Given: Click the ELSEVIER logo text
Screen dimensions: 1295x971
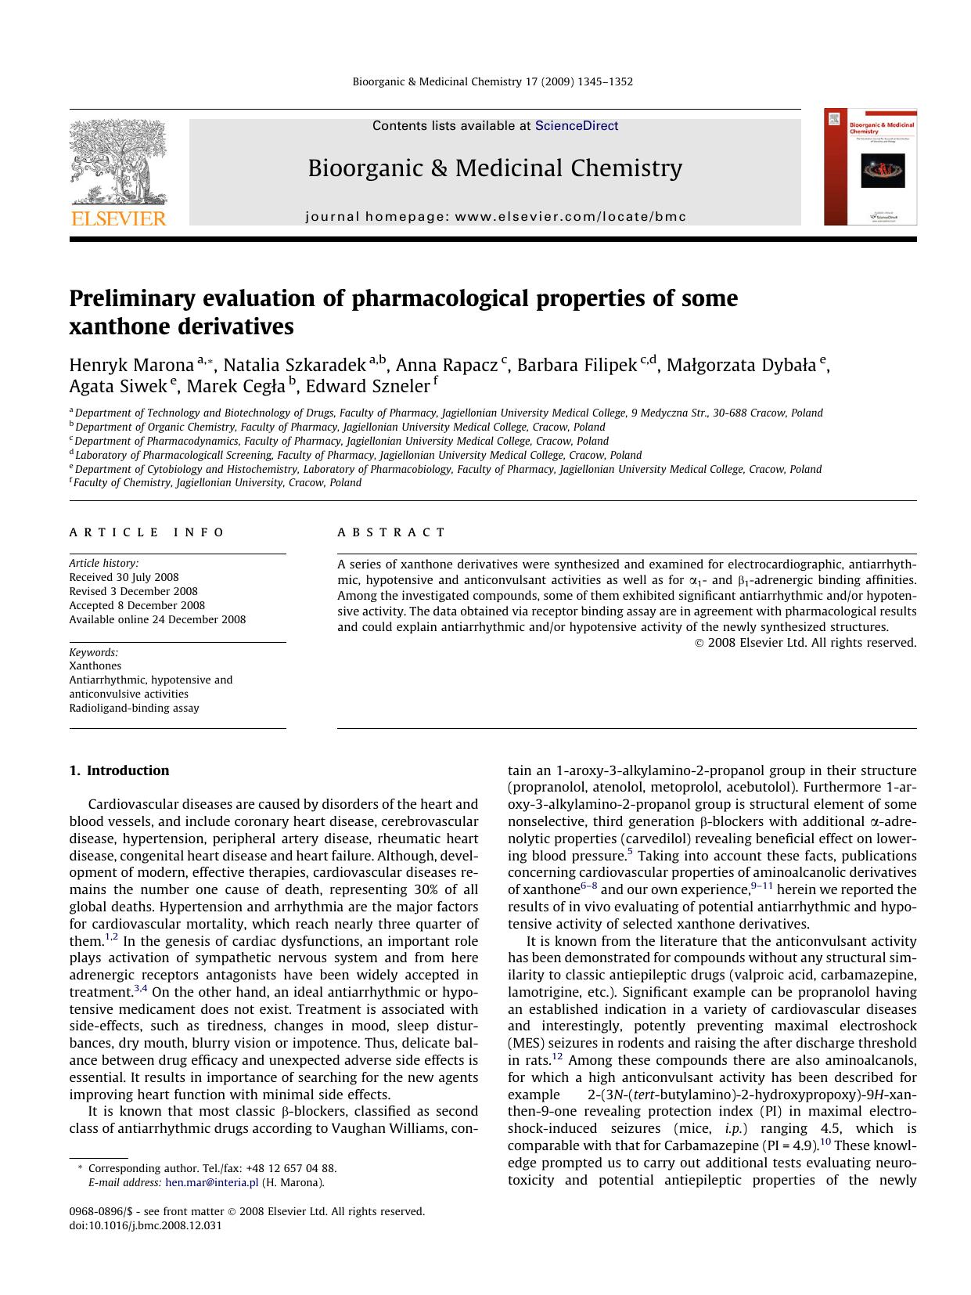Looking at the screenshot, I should (119, 218).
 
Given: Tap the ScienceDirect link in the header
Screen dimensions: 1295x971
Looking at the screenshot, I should (577, 126).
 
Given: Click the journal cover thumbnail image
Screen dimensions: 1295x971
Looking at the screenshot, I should (870, 167).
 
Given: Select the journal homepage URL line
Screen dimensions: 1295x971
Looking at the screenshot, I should (495, 217).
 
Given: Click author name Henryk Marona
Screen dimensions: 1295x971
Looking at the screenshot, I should (131, 366).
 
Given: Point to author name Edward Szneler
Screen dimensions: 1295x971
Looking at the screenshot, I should (367, 387).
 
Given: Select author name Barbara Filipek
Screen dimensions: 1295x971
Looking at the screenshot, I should (577, 366).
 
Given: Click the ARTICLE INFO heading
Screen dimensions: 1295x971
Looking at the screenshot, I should (146, 532).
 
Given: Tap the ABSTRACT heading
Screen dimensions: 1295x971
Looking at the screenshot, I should (391, 532).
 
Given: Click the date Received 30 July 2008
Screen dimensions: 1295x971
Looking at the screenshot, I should (124, 578).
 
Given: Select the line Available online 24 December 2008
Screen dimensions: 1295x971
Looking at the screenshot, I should (157, 620).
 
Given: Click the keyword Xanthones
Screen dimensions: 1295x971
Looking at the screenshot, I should (95, 666).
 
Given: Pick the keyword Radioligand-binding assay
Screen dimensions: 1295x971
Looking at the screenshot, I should (134, 709).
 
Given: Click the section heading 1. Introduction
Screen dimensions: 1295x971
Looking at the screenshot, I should (119, 770).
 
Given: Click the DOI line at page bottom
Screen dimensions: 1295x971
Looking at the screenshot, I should (146, 1226).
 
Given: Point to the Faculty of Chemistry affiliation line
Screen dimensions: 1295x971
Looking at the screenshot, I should (217, 483).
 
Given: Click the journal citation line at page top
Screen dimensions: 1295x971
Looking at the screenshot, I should (492, 81).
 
